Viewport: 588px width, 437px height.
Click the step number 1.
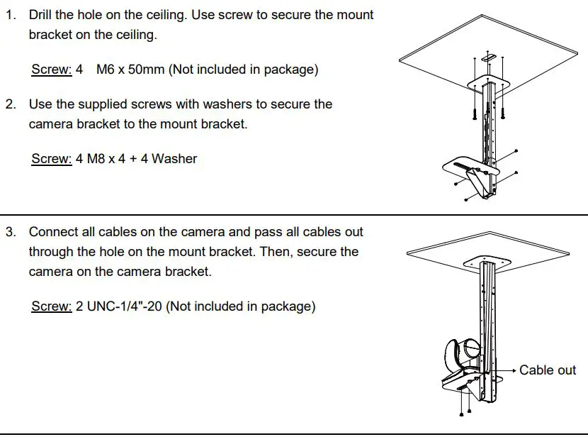[x=11, y=15]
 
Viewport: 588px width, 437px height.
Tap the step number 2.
[x=11, y=104]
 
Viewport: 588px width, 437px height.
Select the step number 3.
[x=11, y=232]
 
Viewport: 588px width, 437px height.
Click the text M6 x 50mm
[x=130, y=70]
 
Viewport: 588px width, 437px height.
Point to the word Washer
[x=174, y=159]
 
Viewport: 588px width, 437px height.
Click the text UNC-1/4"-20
[x=125, y=306]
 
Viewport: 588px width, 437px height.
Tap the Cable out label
[x=548, y=370]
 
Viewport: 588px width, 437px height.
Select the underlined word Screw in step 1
[x=52, y=70]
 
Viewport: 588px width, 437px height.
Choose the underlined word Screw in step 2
[x=52, y=159]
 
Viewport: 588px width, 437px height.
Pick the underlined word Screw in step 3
[x=52, y=306]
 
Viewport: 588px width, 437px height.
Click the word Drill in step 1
[x=40, y=15]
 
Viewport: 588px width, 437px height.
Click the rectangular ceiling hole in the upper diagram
[x=489, y=57]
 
